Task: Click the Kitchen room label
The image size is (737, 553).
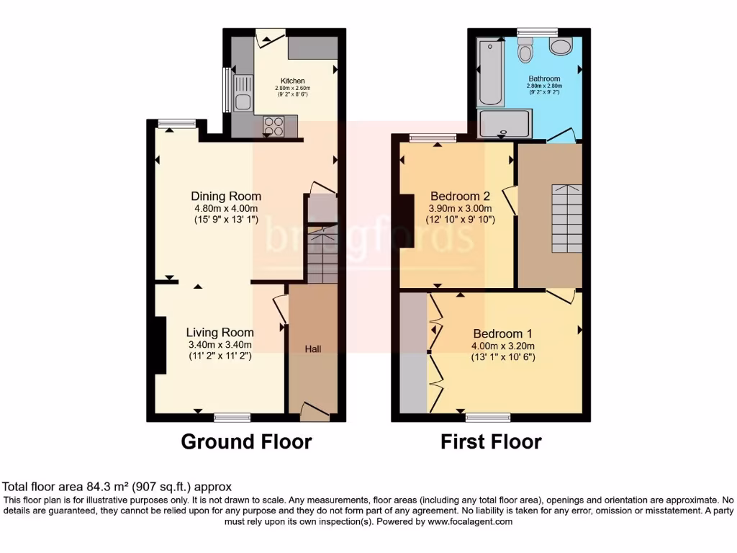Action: coord(293,81)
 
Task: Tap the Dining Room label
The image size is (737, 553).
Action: coord(226,197)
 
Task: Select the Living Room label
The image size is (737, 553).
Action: coord(220,333)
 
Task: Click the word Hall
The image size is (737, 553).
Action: coord(312,349)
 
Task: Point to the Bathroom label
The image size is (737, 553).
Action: coord(544,78)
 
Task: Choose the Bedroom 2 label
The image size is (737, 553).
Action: coord(460,197)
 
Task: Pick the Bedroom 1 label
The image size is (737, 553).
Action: coord(502,334)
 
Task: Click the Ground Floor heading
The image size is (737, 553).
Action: coord(246,441)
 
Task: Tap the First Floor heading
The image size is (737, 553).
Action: coord(491,441)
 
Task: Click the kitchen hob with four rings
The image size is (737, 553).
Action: coord(273,126)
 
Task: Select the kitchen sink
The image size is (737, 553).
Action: coord(243,102)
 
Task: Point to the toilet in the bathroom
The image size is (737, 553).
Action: coord(525,52)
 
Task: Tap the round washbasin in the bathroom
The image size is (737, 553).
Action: coord(559,46)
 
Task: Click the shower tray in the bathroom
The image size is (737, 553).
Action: coord(505,122)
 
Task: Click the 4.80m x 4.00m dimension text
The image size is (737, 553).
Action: coord(226,209)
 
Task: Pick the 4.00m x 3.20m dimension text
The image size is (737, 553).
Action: coord(502,346)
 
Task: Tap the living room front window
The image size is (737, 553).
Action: coord(232,417)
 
